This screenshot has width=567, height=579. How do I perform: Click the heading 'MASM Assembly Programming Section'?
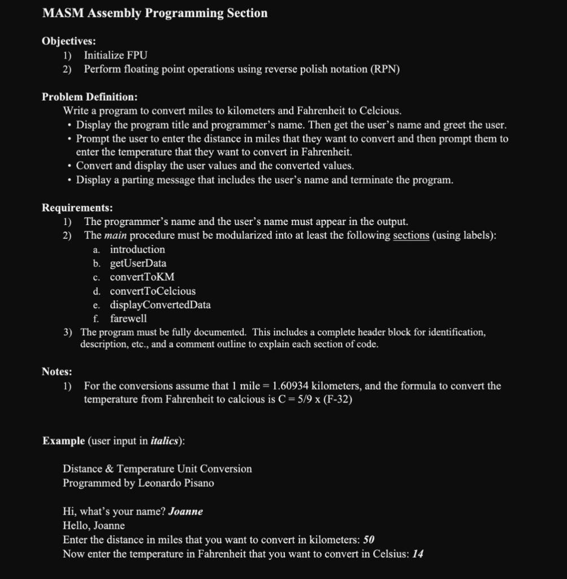155,13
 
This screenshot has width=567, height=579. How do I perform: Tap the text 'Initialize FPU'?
115,55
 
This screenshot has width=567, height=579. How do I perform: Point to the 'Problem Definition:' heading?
90,97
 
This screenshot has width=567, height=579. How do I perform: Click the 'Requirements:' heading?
77,208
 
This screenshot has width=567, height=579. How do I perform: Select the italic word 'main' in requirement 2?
115,235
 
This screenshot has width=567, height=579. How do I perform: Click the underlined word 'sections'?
411,235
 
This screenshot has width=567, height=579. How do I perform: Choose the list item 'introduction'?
137,249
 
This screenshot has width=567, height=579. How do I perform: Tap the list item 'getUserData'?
138,263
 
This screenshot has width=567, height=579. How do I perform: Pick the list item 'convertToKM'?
142,277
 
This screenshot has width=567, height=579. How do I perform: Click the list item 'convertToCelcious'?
153,291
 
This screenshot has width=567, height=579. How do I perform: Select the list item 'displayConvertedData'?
160,305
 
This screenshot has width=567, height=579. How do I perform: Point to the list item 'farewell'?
128,318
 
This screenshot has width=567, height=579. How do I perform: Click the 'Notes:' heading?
57,371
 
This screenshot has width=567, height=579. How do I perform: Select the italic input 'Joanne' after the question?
185,512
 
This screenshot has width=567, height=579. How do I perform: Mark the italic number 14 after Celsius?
418,554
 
